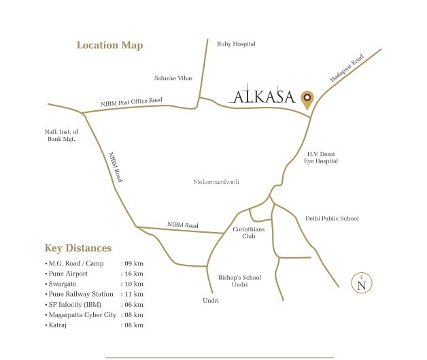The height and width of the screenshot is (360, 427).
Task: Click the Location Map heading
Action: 109,46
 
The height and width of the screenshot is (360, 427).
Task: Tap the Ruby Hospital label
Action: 236,44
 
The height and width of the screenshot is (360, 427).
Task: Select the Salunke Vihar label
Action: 174,78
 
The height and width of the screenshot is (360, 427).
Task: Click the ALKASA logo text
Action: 262,97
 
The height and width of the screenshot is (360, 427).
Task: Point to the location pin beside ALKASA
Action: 307,99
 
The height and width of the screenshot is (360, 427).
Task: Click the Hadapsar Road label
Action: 347,69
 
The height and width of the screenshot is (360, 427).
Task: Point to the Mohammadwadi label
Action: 217,182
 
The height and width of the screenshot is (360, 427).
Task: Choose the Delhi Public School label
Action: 332,218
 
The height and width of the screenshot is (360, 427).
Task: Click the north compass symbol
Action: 362,282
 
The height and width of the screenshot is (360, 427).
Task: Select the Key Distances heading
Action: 78,248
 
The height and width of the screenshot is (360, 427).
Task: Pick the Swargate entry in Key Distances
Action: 63,283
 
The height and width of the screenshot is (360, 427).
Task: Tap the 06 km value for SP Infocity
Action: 133,304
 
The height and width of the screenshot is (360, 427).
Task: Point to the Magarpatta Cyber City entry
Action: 80,314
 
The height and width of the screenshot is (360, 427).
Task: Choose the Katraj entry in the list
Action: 58,325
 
